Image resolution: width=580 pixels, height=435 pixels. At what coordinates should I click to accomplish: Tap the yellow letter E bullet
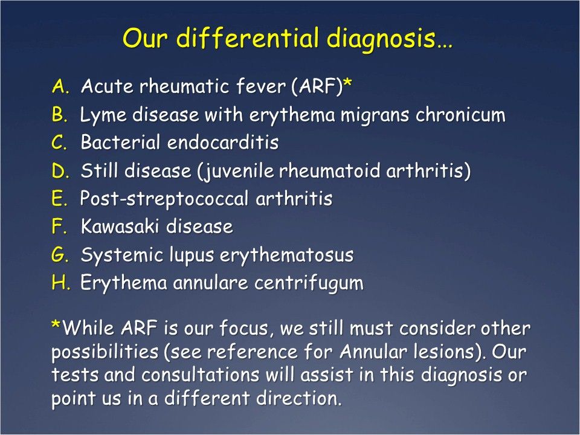[59, 199]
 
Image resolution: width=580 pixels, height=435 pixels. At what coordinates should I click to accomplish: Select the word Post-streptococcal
[162, 199]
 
